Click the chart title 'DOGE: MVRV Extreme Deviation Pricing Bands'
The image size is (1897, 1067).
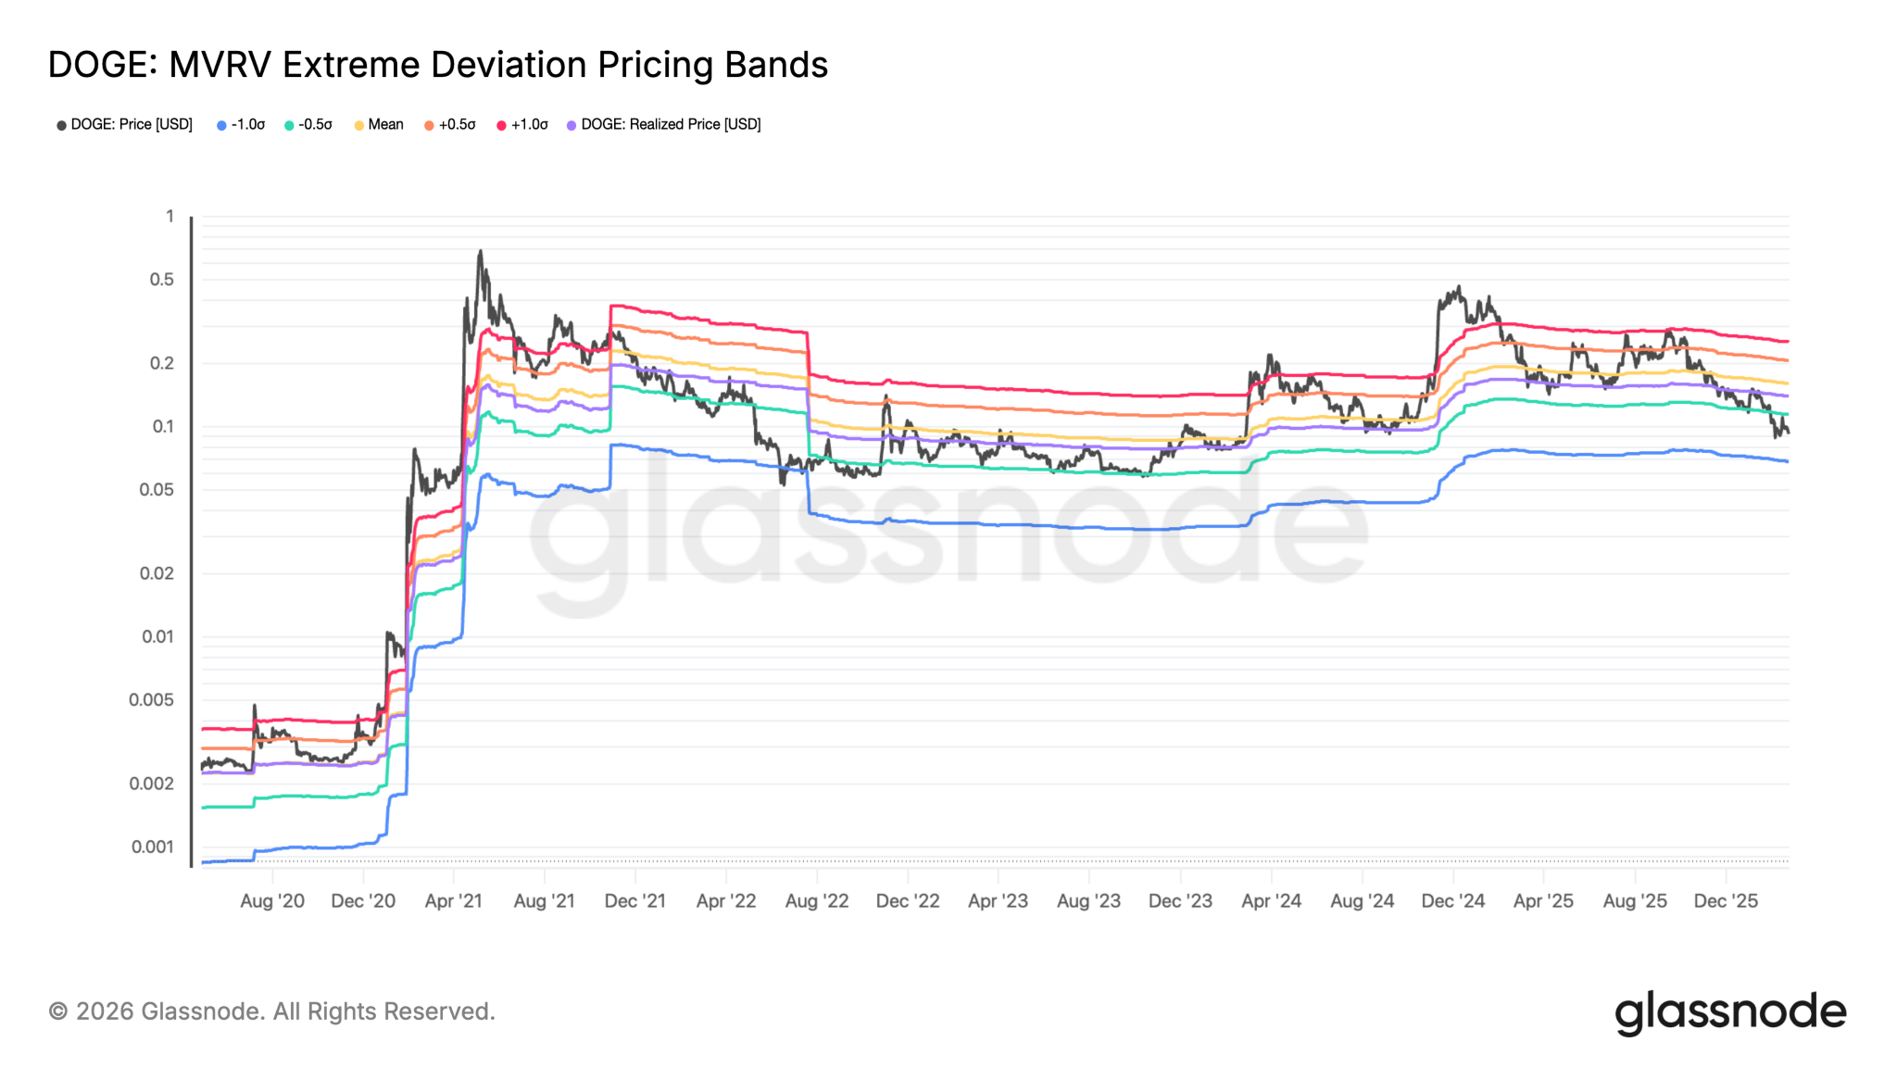click(437, 65)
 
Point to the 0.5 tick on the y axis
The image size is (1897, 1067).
click(162, 280)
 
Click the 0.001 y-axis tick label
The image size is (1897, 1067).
click(153, 847)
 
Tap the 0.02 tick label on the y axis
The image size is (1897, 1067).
click(157, 573)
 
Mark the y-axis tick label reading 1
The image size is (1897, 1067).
click(170, 216)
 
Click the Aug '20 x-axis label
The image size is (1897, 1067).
click(272, 901)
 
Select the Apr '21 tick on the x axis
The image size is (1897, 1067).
click(453, 901)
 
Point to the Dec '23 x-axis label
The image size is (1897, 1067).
click(1180, 901)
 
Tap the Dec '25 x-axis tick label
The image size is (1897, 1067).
click(1726, 901)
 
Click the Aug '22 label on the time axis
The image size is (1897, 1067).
click(817, 901)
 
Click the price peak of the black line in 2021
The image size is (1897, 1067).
click(480, 250)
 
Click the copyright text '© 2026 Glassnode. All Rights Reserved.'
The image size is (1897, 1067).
click(271, 1011)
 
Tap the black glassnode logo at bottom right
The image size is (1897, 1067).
click(1730, 1012)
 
